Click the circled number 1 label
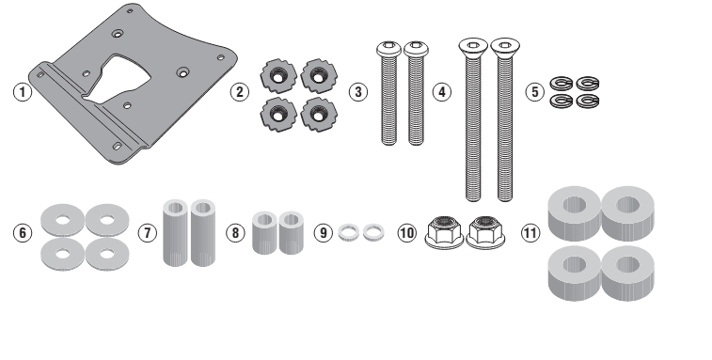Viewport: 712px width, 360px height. pos(23,92)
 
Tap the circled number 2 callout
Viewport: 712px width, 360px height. pos(239,92)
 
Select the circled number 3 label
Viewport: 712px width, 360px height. pos(358,92)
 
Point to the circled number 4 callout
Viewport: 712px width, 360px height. pos(442,92)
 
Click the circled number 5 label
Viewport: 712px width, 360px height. pos(535,92)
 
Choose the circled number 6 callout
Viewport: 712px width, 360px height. pos(23,233)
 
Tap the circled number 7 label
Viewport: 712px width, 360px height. pos(147,233)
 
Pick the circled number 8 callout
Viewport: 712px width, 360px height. pos(235,233)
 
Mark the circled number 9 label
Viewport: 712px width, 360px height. pos(324,233)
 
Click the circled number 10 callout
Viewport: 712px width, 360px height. pos(407,233)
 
